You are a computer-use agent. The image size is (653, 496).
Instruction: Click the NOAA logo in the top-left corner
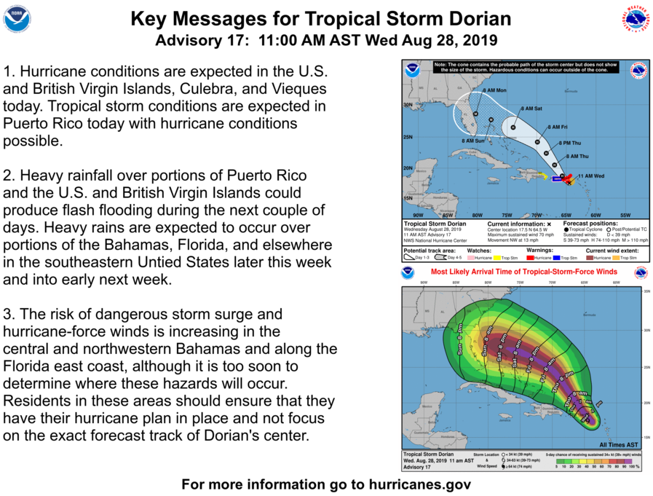point(17,19)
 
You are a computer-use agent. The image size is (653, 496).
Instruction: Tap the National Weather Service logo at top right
point(635,19)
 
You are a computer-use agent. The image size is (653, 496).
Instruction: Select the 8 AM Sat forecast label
point(531,108)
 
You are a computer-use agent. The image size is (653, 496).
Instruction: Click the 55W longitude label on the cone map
point(625,216)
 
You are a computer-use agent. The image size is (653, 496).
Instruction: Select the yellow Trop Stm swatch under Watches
point(495,258)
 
